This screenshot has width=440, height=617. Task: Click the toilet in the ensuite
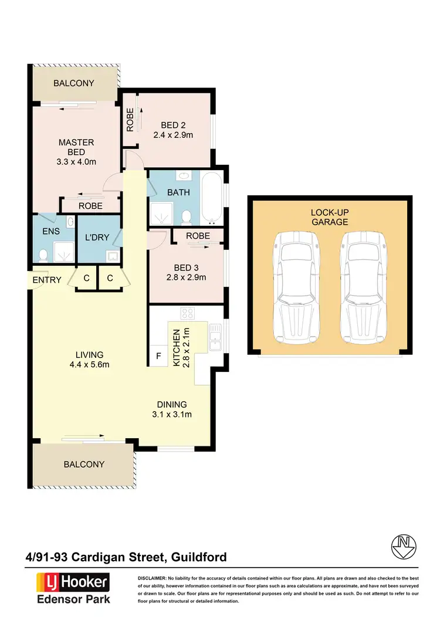click(x=43, y=255)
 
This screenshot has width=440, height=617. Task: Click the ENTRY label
click(x=47, y=280)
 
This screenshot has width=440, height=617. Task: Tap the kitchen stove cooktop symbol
click(x=187, y=314)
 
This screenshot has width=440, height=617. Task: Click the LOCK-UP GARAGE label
click(x=330, y=216)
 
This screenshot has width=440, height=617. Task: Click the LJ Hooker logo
click(x=73, y=582)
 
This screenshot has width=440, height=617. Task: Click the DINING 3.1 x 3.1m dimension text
click(x=171, y=415)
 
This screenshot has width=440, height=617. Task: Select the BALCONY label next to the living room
click(x=83, y=464)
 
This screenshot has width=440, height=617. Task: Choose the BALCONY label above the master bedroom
click(x=74, y=83)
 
